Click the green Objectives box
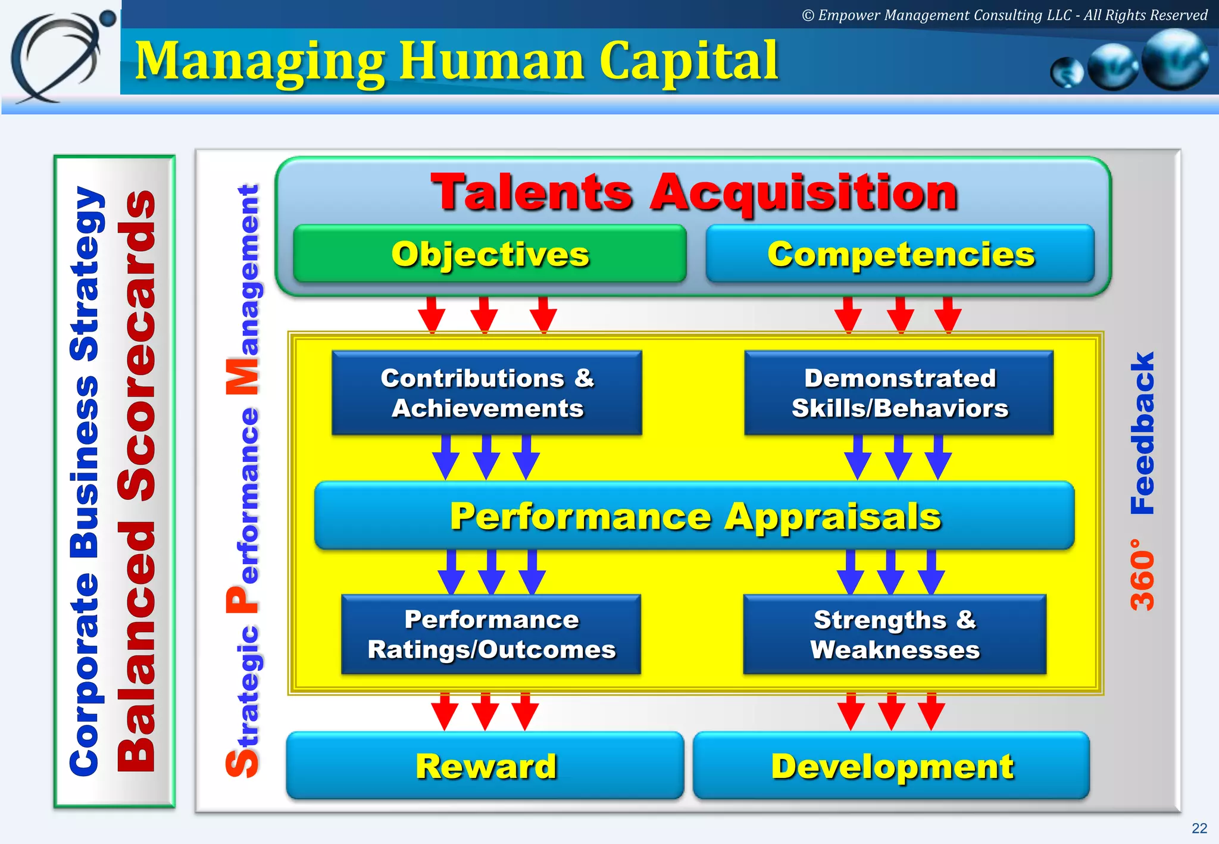[489, 254]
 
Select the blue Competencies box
[900, 254]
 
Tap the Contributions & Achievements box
[487, 393]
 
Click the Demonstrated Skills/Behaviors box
[899, 393]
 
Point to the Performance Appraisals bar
[694, 515]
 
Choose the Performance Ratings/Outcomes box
[491, 634]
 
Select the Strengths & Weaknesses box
[895, 634]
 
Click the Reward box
[485, 765]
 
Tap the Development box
[892, 765]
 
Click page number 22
[1199, 828]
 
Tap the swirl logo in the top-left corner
[60, 57]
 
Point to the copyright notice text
[1004, 15]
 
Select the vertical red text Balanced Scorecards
[137, 481]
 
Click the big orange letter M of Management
[243, 377]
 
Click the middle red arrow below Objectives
[484, 314]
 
